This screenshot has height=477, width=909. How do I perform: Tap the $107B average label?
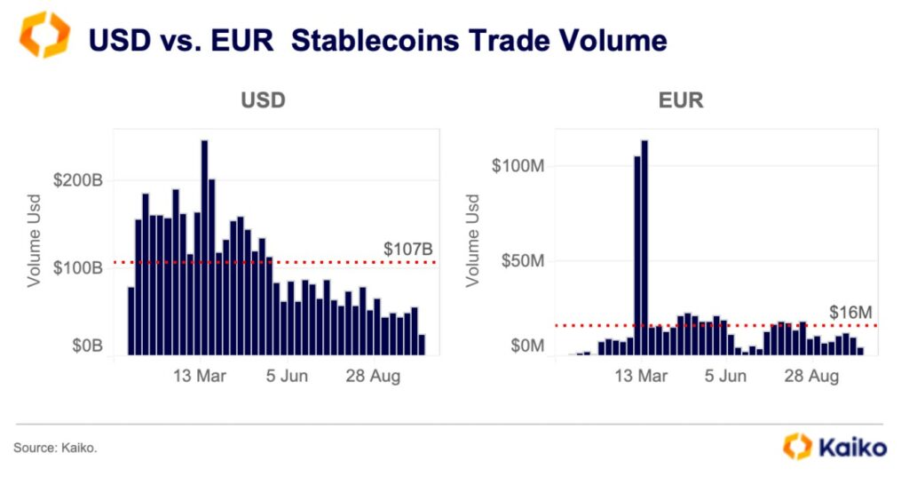(407, 250)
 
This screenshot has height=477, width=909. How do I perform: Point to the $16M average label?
(851, 313)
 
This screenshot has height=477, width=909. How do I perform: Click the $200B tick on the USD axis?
(78, 180)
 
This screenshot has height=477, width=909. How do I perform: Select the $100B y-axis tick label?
(78, 267)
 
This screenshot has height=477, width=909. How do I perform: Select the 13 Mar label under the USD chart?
(199, 377)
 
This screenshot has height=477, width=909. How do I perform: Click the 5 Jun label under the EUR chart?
(725, 377)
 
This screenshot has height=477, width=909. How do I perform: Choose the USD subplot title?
(264, 99)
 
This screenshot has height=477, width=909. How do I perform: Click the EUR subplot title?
(681, 99)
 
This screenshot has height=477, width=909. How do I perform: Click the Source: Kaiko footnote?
(55, 449)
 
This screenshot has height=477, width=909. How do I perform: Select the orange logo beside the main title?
(43, 36)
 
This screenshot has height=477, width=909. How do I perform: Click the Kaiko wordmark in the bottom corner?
(852, 447)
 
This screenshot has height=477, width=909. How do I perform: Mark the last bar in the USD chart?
(422, 345)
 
